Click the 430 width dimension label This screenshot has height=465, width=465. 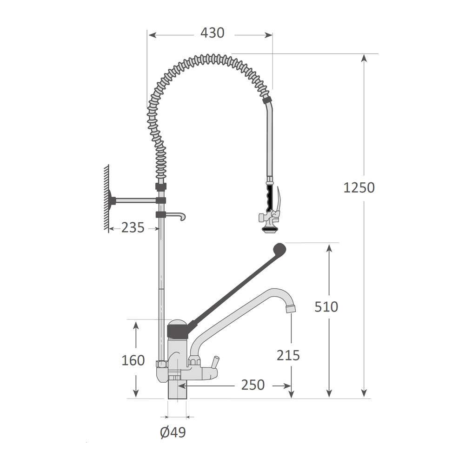click(x=213, y=33)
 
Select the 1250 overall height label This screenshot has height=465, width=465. click(x=359, y=188)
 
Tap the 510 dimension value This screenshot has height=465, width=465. click(x=326, y=306)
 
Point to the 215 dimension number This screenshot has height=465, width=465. click(x=288, y=355)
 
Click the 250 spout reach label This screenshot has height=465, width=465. click(x=252, y=385)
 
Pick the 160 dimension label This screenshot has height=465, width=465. click(x=133, y=360)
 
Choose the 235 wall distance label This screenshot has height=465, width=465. click(x=133, y=228)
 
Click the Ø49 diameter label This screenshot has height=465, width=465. click(x=173, y=432)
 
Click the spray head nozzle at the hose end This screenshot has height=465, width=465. click(x=270, y=229)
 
